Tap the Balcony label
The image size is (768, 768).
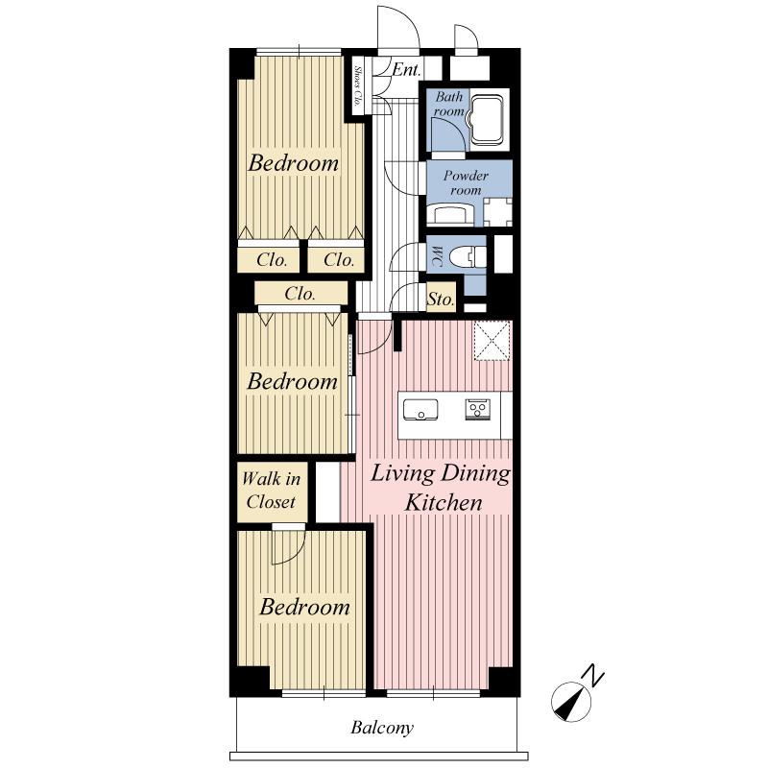(x=381, y=728)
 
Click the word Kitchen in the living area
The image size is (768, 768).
(x=443, y=502)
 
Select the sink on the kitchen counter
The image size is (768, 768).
(x=419, y=410)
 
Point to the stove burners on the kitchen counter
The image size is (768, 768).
(x=477, y=410)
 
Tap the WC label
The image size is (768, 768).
(x=436, y=255)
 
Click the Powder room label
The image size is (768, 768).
(x=466, y=183)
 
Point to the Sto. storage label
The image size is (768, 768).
(x=440, y=300)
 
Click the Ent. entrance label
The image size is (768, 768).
(x=407, y=69)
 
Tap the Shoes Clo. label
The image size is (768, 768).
(x=357, y=85)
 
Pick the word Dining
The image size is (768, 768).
(x=476, y=474)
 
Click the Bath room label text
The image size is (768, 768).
(x=449, y=105)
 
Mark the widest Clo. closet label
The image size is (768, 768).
(x=300, y=295)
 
